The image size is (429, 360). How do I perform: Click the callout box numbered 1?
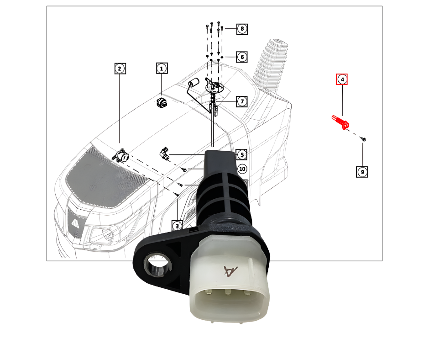point(161,69)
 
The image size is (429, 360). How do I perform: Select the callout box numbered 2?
point(120,69)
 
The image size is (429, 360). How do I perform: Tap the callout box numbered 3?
point(177,225)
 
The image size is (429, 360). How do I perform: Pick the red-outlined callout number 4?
point(342,79)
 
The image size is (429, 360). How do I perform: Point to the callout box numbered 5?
point(241,154)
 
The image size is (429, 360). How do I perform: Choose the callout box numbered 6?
point(242,57)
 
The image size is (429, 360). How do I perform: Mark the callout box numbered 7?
point(242,101)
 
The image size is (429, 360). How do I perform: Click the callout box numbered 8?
point(242,29)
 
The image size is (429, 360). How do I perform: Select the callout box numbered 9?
point(362,172)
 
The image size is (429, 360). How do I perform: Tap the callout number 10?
point(242,169)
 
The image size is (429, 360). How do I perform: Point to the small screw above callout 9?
point(364,138)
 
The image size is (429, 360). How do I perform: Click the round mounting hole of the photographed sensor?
point(156,265)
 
